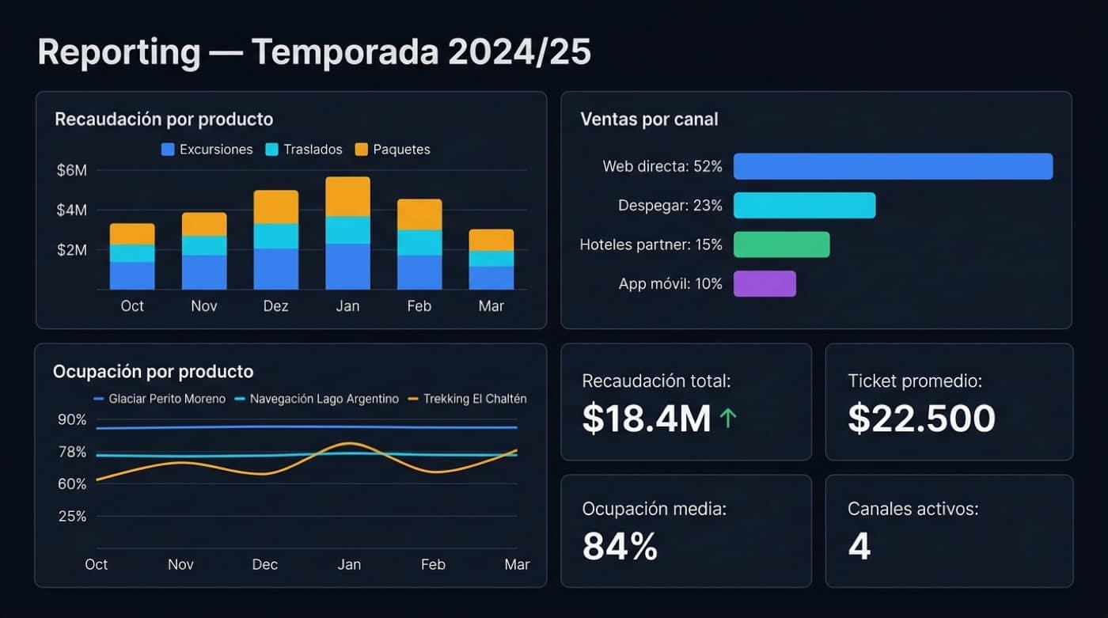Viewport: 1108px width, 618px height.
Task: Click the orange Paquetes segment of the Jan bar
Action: [347, 196]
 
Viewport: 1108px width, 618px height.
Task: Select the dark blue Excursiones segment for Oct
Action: [132, 275]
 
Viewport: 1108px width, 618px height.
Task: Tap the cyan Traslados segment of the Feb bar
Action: [419, 242]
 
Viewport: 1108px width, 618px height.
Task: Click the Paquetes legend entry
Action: [393, 150]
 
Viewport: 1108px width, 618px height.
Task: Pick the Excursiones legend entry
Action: [207, 150]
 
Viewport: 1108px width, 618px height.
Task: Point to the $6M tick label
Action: [72, 170]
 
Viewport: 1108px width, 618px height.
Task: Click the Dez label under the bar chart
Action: [276, 306]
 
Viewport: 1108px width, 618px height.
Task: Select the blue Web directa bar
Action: [893, 166]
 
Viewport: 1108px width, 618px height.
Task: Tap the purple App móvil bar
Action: [765, 283]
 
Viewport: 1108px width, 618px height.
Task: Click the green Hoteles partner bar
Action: [781, 245]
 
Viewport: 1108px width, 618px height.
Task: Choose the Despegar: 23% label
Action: [670, 206]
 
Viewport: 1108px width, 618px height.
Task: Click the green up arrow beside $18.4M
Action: [728, 419]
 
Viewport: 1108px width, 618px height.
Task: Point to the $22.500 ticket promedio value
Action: [921, 418]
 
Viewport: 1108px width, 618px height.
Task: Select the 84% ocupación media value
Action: [620, 546]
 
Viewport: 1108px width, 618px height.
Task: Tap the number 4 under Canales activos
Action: [859, 546]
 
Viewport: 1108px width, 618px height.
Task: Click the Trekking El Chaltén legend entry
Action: [467, 399]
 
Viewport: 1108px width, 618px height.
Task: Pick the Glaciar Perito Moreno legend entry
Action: [160, 399]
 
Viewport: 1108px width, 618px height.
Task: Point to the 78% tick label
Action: [72, 452]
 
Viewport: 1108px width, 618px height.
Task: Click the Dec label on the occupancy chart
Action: [265, 564]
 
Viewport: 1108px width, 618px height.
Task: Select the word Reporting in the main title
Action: [119, 53]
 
